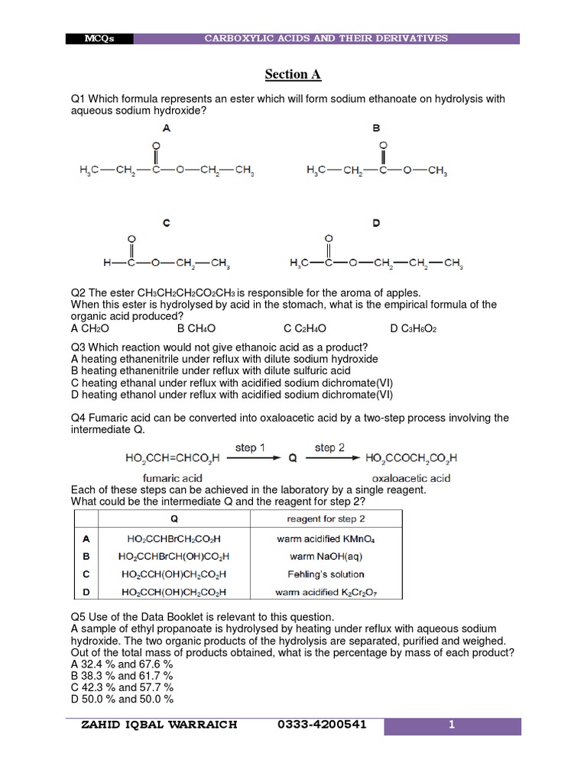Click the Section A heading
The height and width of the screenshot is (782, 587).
click(293, 74)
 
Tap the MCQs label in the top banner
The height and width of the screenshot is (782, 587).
click(100, 39)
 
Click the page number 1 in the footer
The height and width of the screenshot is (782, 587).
click(452, 725)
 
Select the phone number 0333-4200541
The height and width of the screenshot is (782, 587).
click(323, 725)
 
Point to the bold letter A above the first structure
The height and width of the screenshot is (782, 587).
click(167, 129)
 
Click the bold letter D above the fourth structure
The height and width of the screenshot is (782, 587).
click(376, 223)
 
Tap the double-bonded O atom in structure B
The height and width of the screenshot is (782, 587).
click(383, 144)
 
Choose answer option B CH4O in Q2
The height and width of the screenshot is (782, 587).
click(196, 328)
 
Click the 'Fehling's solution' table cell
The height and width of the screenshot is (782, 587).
click(326, 574)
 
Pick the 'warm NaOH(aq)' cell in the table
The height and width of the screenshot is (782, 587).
click(326, 556)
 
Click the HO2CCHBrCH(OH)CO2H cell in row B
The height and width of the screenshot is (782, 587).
click(174, 556)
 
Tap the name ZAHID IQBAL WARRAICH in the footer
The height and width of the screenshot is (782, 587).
click(159, 725)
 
